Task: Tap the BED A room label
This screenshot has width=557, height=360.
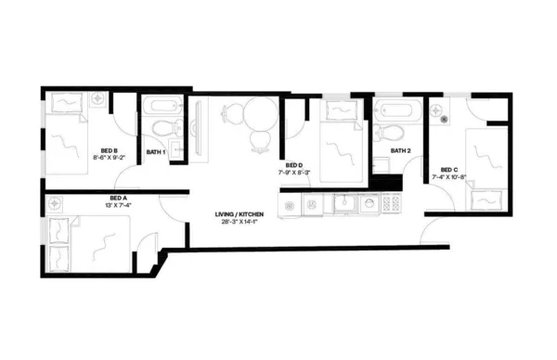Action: pyautogui.click(x=118, y=198)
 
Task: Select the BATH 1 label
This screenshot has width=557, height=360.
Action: pyautogui.click(x=157, y=151)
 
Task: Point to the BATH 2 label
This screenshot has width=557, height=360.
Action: pyautogui.click(x=400, y=150)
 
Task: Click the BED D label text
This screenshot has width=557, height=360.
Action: pyautogui.click(x=295, y=165)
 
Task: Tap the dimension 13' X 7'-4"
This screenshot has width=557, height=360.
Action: pyautogui.click(x=118, y=205)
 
